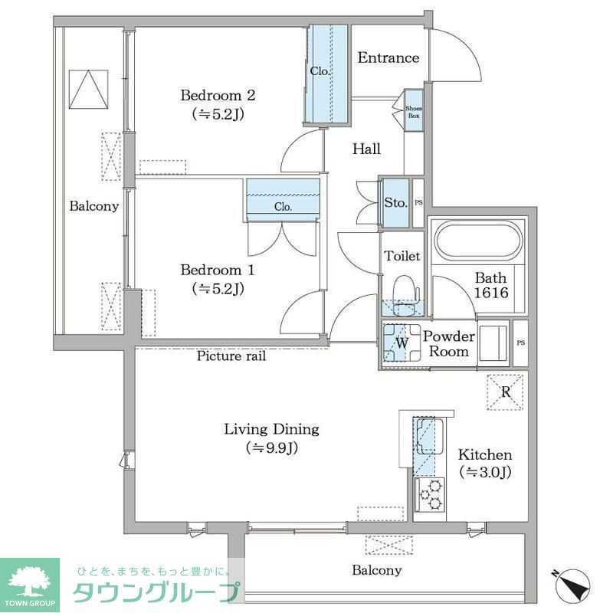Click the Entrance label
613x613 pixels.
click(388, 58)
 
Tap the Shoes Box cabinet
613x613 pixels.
click(414, 112)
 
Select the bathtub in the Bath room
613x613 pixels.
click(477, 241)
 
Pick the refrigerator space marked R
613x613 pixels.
click(506, 392)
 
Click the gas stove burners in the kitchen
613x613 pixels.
click(429, 494)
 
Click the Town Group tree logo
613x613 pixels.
click(30, 582)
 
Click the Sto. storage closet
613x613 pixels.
click(395, 203)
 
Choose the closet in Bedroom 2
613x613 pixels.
click(328, 73)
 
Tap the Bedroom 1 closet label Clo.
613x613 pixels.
click(283, 207)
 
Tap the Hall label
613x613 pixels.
click(366, 149)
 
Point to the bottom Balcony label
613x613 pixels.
click(376, 570)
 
